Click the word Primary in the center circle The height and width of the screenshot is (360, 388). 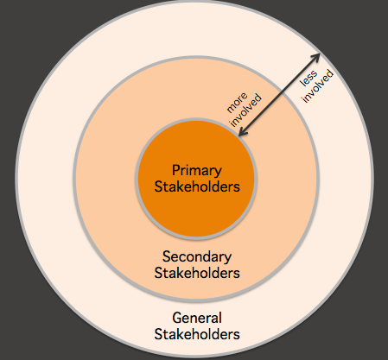(x=197, y=171)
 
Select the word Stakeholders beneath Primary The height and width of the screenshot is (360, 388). (x=197, y=186)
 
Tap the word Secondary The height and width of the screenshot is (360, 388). (x=197, y=256)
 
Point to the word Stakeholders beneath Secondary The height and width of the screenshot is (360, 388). (x=197, y=273)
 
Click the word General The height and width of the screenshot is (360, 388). (x=197, y=318)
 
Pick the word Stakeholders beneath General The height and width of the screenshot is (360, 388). (x=197, y=334)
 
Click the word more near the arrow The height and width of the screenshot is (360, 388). (x=237, y=103)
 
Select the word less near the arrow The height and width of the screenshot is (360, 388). (x=308, y=78)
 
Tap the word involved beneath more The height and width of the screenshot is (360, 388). (x=246, y=111)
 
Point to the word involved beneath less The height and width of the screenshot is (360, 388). (x=318, y=86)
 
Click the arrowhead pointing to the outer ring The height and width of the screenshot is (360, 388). (x=316, y=57)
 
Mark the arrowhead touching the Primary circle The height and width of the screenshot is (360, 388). (x=243, y=131)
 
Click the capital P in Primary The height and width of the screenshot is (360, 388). (x=175, y=170)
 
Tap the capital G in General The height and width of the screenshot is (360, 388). (x=177, y=318)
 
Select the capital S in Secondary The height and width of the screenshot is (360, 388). (x=166, y=256)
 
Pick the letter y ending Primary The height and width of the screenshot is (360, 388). (x=218, y=173)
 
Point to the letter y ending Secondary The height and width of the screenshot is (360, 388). (x=227, y=259)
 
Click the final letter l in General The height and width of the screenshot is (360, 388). (x=220, y=318)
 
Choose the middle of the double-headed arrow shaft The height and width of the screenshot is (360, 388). (x=279, y=94)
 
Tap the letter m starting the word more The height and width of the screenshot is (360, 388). (x=231, y=109)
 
